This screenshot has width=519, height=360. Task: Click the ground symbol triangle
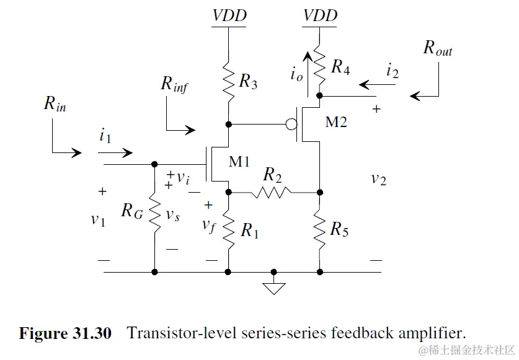(273, 289)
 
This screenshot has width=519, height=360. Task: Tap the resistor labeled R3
(228, 82)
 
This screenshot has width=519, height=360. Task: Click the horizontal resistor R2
(271, 192)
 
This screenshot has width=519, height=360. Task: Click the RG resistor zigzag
(154, 214)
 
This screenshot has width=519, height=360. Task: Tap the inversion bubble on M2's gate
(291, 125)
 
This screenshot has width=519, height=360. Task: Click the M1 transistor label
(239, 162)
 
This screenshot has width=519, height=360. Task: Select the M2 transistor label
(336, 122)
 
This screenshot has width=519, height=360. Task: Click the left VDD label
(229, 15)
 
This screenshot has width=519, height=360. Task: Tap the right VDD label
(320, 15)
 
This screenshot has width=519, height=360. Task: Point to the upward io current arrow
(308, 74)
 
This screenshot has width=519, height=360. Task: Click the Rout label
(438, 48)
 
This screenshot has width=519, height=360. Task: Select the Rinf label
(174, 84)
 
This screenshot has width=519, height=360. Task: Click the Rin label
(55, 103)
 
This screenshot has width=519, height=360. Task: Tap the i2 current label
(393, 71)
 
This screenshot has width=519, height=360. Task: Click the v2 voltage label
(379, 179)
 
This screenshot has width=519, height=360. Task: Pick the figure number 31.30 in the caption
(92, 333)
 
